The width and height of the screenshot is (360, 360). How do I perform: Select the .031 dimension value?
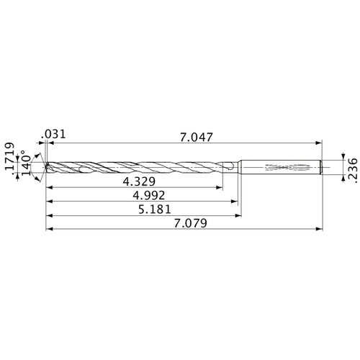(x=54, y=135)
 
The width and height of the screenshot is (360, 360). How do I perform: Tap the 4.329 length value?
(x=141, y=179)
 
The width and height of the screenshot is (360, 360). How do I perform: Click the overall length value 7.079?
(x=189, y=223)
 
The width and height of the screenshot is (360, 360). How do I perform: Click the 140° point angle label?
(x=25, y=165)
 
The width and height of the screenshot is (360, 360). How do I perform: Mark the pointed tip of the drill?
(x=45, y=167)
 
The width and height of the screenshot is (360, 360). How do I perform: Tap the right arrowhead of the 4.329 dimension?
(x=220, y=188)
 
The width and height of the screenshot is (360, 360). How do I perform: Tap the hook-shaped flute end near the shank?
(x=228, y=168)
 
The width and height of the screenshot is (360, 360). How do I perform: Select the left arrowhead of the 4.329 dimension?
(x=49, y=188)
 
